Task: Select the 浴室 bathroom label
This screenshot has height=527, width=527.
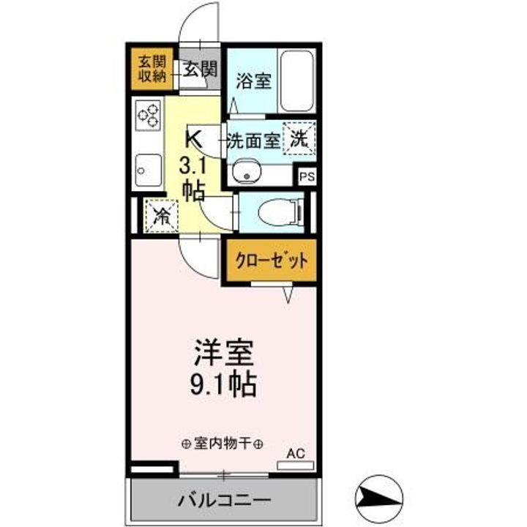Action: pos(253,80)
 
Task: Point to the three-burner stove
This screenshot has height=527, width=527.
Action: pos(147,115)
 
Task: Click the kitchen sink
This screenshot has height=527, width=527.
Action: pos(149,170)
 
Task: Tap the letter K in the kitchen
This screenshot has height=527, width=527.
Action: pos(194,138)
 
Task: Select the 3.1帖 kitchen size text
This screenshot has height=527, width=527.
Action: pos(193,176)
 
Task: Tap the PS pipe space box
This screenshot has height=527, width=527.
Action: pos(306,176)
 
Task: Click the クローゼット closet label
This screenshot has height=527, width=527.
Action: pos(271,259)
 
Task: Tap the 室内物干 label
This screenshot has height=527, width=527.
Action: pos(223,443)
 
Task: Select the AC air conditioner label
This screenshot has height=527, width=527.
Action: pos(294,454)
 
